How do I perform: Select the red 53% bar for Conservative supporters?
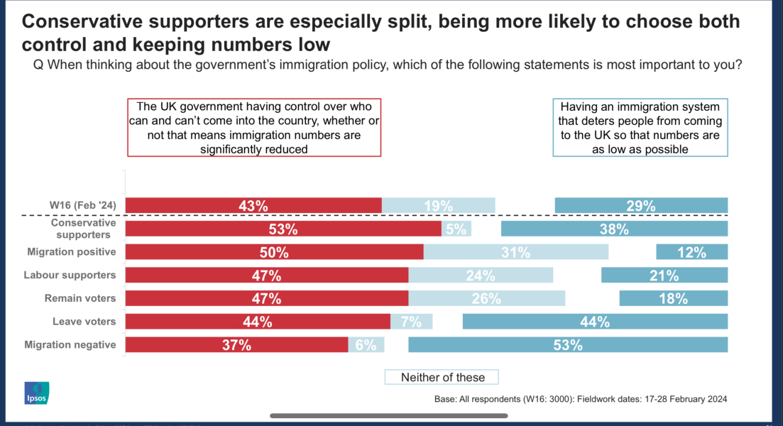(x=283, y=229)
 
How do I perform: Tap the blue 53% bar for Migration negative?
(x=568, y=345)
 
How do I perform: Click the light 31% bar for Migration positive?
(x=516, y=252)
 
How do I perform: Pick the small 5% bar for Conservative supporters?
(x=456, y=229)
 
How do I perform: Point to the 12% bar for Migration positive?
(x=691, y=252)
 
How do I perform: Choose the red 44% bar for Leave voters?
(x=258, y=322)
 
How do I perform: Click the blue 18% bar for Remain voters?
(x=673, y=298)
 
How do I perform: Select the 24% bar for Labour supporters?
(x=481, y=275)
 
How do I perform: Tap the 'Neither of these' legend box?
(x=442, y=377)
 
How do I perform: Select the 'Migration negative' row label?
(x=70, y=345)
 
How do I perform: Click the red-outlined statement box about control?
(x=254, y=127)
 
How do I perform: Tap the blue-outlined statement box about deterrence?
(x=640, y=127)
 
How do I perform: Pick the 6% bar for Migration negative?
(x=366, y=345)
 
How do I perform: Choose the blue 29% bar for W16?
(x=640, y=206)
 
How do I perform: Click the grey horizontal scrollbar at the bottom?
(x=388, y=415)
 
